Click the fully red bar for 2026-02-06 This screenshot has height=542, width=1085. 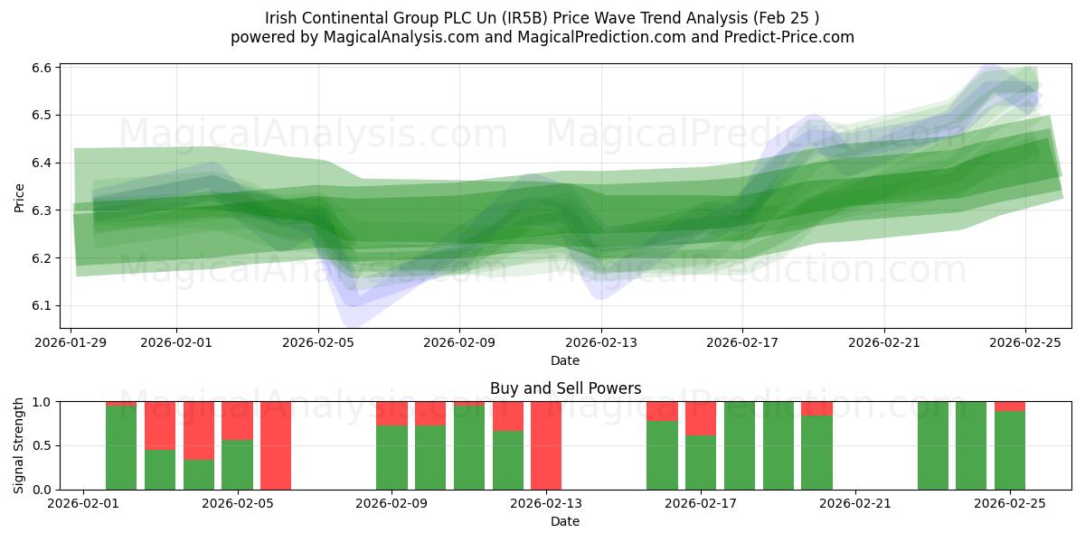click(276, 445)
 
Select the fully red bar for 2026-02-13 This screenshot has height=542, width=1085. click(546, 445)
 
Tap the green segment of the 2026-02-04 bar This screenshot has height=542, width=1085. click(199, 474)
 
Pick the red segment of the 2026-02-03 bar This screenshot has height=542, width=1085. click(160, 425)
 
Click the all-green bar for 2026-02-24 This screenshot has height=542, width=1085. click(971, 445)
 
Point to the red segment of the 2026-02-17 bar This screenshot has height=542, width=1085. click(701, 418)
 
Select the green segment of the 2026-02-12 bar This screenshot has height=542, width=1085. click(508, 460)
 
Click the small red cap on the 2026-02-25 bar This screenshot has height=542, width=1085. click(1010, 406)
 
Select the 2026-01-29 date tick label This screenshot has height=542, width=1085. click(71, 342)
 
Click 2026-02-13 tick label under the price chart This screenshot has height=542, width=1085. click(601, 342)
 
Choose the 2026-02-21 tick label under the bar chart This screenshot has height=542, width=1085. click(855, 504)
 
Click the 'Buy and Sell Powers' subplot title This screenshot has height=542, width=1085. click(565, 388)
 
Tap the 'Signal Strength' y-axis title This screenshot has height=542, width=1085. click(20, 445)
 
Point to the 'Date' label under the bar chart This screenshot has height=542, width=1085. click(565, 521)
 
